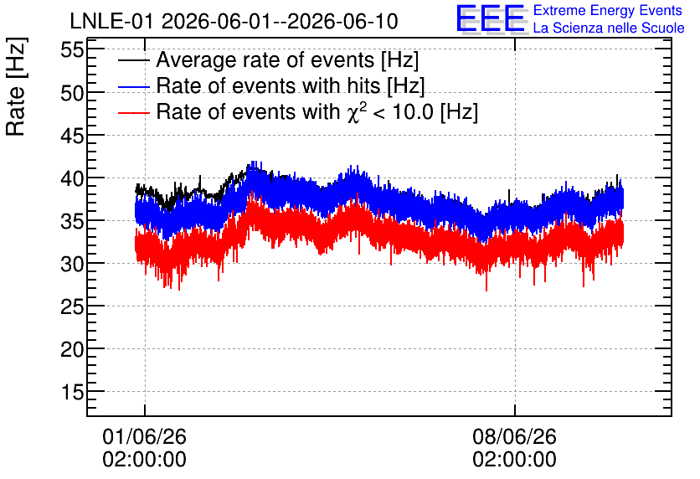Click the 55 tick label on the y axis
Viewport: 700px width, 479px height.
click(x=72, y=50)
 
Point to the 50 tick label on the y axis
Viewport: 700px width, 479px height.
click(x=72, y=93)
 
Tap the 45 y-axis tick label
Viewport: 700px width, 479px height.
click(x=72, y=136)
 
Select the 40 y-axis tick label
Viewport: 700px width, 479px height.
click(x=72, y=178)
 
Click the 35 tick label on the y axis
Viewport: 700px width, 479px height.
click(x=72, y=221)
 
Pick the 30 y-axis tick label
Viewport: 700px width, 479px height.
click(x=72, y=264)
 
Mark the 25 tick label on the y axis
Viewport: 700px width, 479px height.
click(x=72, y=306)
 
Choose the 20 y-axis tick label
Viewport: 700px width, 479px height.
click(x=72, y=349)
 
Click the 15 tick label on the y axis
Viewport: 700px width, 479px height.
click(x=72, y=393)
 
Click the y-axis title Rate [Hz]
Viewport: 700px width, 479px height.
click(x=16, y=86)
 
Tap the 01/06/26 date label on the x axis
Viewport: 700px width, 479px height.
click(x=144, y=436)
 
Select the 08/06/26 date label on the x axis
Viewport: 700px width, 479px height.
click(x=514, y=436)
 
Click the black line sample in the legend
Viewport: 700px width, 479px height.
click(x=133, y=60)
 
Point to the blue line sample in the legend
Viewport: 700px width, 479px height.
click(x=133, y=86)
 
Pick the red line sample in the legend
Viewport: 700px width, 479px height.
click(x=133, y=112)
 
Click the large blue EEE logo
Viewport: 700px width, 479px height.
click(x=491, y=19)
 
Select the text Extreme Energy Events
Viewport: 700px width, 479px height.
click(x=608, y=10)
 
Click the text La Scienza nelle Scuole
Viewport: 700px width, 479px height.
click(x=609, y=28)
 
